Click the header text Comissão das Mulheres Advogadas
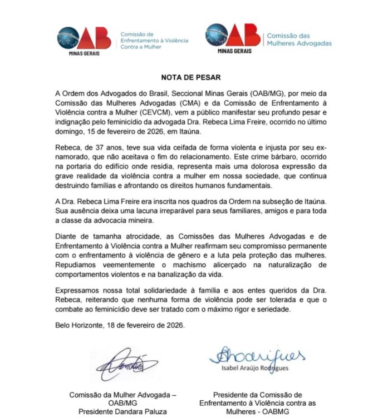click(x=298, y=39)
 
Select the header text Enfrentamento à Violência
click(x=154, y=40)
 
